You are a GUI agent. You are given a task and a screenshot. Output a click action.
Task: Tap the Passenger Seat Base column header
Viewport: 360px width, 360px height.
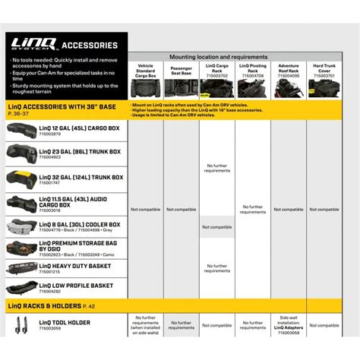pos(181,71)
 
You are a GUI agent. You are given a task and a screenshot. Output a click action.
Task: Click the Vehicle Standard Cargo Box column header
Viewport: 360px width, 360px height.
pos(144,71)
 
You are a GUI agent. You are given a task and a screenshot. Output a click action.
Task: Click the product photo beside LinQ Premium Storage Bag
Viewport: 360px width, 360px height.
pos(21,248)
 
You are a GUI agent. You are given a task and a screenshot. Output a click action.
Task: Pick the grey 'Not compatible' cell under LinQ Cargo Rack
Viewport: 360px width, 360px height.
pos(217,227)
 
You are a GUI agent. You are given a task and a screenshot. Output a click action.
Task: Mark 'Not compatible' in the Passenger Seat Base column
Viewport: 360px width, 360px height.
pos(181,209)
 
